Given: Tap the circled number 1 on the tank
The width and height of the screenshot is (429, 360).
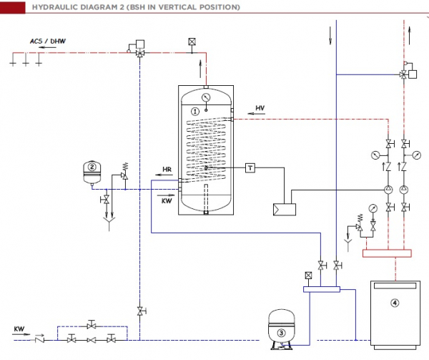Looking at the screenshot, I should [195, 111].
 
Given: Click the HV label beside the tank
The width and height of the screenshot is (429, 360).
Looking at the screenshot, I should [260, 108].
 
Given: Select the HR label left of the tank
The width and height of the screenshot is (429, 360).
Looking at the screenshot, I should [167, 170].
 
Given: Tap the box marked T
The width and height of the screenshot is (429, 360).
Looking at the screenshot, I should [250, 167].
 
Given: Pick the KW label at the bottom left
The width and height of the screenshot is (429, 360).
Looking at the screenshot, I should [19, 329].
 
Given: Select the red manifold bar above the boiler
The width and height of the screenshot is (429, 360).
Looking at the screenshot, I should [388, 252].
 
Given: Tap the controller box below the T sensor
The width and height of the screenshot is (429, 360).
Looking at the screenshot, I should [283, 210].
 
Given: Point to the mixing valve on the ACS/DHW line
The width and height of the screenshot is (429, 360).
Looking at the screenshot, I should [139, 54].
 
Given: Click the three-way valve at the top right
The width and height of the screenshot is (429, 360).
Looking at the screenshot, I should [405, 74].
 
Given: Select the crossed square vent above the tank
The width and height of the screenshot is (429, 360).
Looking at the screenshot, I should [191, 42].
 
